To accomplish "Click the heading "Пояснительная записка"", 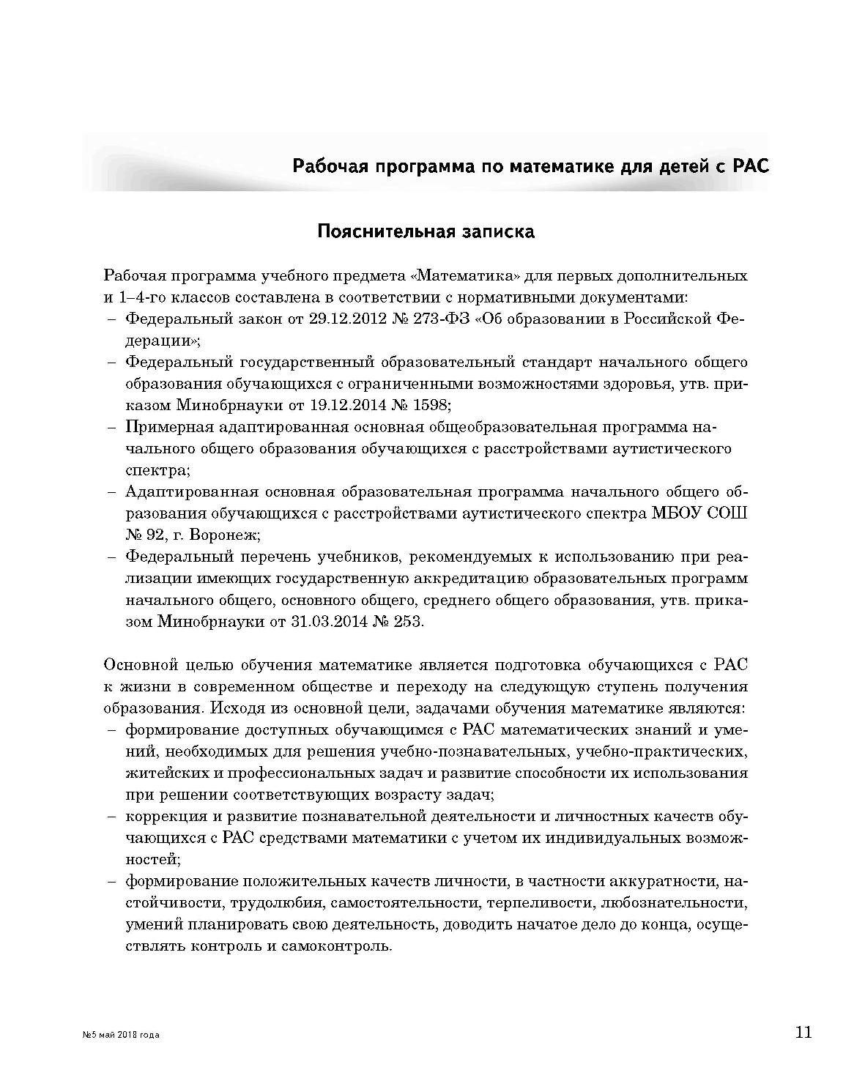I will pyautogui.click(x=426, y=232).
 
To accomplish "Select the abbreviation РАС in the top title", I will pyautogui.click(x=749, y=166).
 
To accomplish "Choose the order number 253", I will pyautogui.click(x=409, y=622).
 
